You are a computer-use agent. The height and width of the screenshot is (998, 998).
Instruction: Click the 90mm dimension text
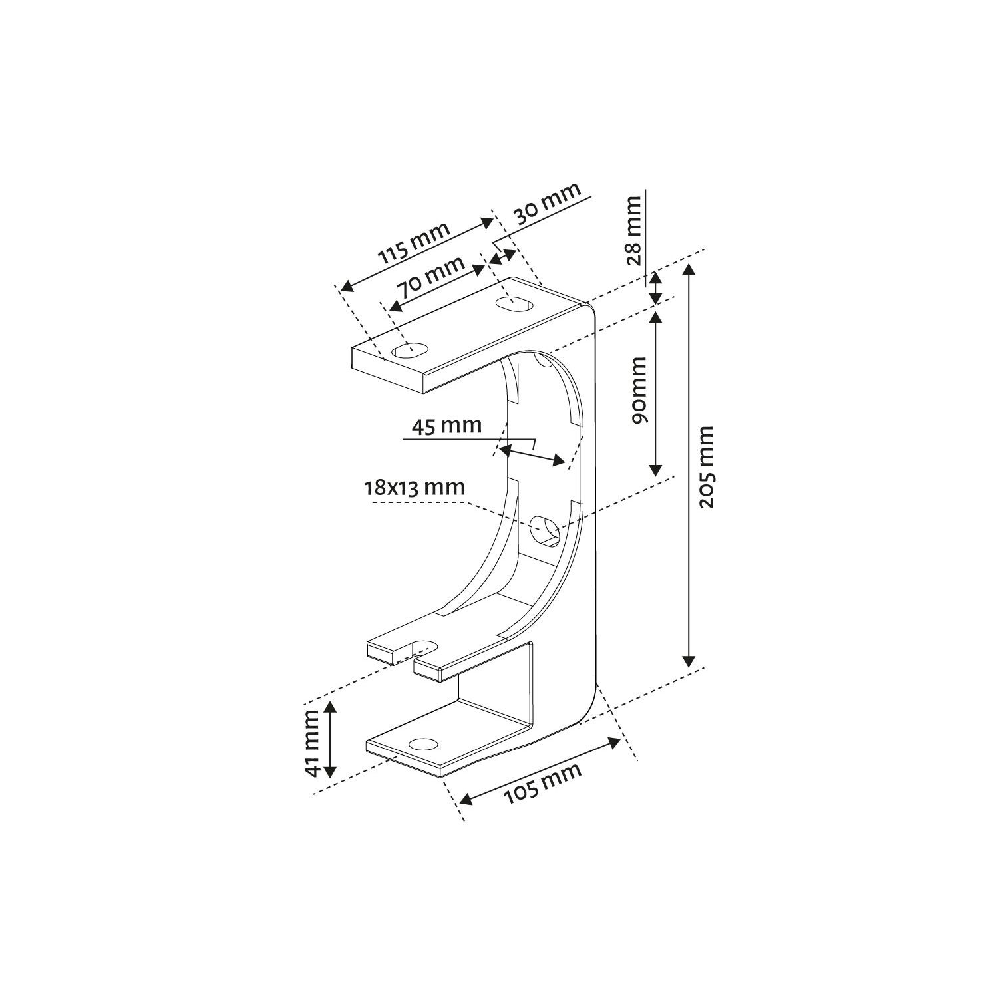[639, 391]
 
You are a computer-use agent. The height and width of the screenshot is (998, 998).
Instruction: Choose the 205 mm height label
[706, 467]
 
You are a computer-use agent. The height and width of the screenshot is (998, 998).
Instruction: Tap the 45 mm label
[446, 425]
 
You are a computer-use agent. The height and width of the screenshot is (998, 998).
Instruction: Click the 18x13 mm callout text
[413, 487]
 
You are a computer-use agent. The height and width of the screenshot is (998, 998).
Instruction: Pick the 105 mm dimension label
[542, 783]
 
